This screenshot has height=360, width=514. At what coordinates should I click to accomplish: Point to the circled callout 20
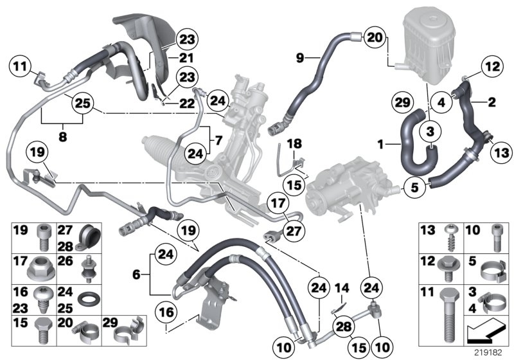pyautogui.click(x=375, y=38)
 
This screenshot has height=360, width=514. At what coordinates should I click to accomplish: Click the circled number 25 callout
pyautogui.click(x=81, y=102)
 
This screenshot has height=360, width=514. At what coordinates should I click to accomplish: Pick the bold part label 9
pyautogui.click(x=300, y=59)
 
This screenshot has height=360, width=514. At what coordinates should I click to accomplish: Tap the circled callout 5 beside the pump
pyautogui.click(x=414, y=188)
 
